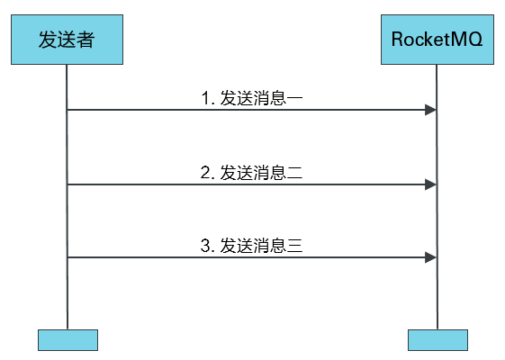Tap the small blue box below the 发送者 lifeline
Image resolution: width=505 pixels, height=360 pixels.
click(x=67, y=339)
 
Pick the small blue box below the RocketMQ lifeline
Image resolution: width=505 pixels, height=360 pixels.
click(x=437, y=339)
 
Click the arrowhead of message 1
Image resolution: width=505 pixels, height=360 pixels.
click(x=431, y=110)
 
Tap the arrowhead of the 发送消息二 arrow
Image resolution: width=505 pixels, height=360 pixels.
click(x=431, y=184)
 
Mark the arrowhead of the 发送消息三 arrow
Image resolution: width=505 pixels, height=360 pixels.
click(x=431, y=257)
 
